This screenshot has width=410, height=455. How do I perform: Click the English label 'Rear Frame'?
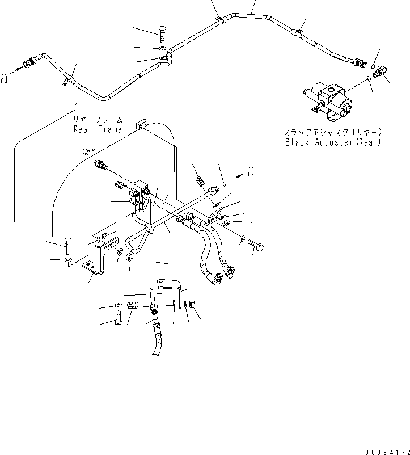(98, 129)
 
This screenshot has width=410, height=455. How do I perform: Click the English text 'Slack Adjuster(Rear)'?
(332, 141)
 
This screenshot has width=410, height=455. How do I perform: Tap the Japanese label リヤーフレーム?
(98, 120)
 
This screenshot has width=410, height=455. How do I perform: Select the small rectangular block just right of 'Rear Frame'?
(141, 124)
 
